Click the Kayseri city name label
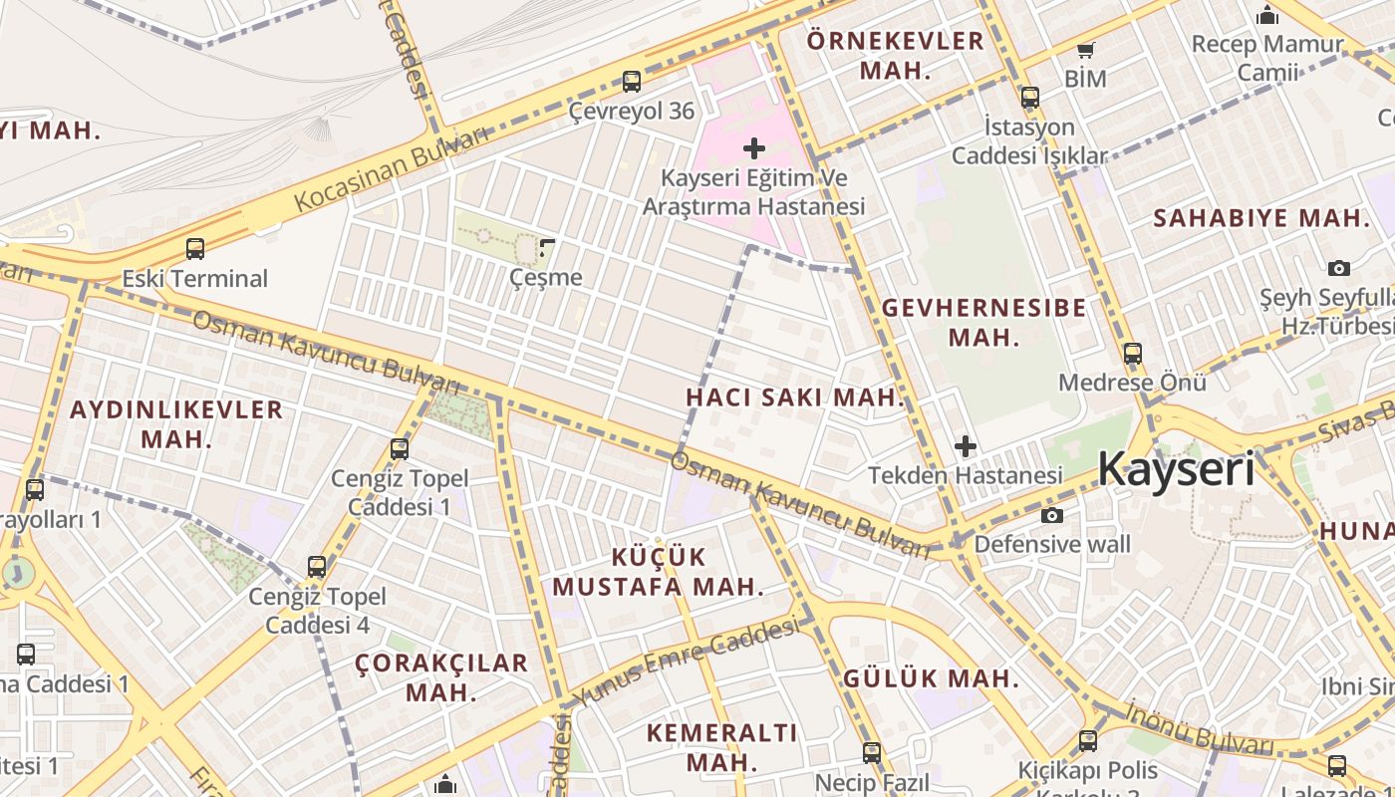(1176, 468)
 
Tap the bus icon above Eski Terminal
(195, 249)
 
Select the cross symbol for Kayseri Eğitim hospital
(754, 148)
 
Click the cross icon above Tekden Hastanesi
(965, 446)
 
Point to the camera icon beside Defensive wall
(1051, 515)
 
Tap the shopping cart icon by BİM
(1085, 50)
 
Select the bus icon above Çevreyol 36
(631, 82)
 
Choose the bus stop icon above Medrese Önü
(1132, 354)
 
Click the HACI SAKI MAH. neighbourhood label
(795, 398)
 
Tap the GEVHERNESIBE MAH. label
(984, 322)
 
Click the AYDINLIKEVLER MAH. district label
(176, 424)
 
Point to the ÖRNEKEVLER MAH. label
(895, 56)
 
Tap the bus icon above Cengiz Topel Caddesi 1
(400, 449)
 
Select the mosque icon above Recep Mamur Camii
(1267, 15)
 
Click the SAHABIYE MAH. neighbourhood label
(1261, 218)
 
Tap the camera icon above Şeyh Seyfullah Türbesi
(1339, 268)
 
